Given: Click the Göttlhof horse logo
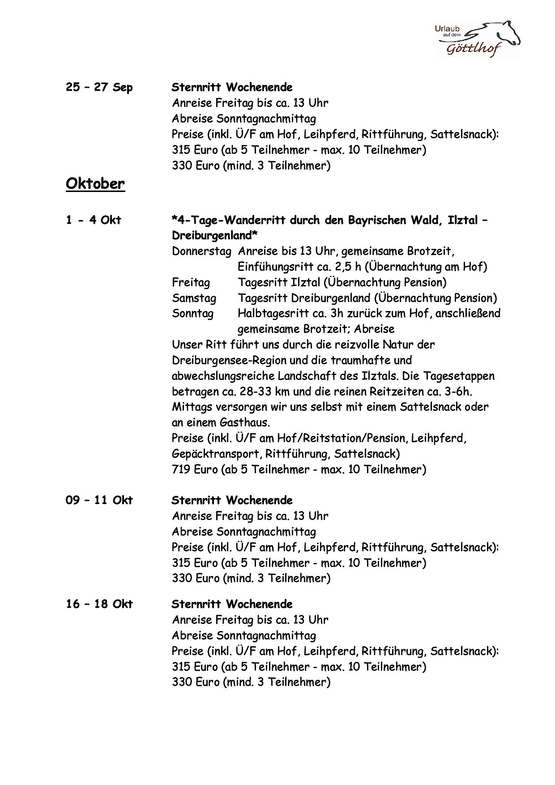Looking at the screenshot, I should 478,39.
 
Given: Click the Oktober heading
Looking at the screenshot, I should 95,183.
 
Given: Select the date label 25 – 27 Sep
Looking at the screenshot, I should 99,87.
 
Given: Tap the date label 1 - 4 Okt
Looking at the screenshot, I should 94,220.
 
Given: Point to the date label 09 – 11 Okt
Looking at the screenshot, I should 99,500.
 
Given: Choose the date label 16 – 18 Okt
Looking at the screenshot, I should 99,604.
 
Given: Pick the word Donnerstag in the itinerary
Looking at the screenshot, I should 201,251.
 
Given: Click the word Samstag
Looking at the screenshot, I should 194,298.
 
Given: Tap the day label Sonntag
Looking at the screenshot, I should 192,313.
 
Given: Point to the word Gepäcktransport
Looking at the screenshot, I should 216,454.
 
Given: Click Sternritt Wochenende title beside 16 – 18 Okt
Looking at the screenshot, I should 232,604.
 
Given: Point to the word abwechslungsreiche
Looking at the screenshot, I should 222,376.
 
